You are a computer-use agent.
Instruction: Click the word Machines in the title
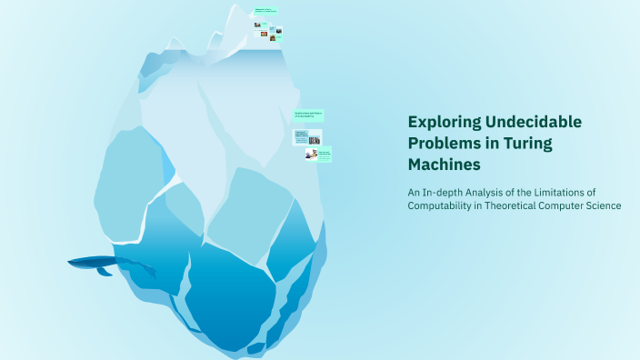point(444,165)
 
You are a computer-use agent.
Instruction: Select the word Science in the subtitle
point(604,205)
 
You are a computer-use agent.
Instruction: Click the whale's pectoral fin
point(104,271)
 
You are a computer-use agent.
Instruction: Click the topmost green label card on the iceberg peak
point(265,12)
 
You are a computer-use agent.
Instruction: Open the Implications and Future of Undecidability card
point(308,114)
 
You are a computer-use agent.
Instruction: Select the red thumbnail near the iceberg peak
point(264,34)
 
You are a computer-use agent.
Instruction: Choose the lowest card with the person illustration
point(318,155)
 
